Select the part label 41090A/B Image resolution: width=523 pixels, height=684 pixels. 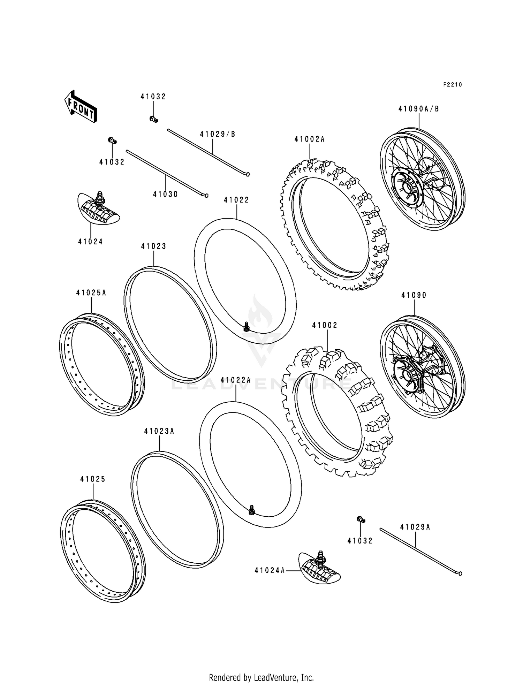point(418,109)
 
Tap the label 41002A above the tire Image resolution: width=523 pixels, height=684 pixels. point(309,139)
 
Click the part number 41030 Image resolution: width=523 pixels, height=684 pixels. point(165,194)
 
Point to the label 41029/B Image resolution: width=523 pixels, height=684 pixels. point(218,134)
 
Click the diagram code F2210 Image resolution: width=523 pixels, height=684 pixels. point(452,85)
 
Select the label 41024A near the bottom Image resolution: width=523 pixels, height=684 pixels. point(270,571)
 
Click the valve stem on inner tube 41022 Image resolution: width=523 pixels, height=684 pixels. point(247,326)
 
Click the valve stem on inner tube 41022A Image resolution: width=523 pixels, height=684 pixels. point(251,510)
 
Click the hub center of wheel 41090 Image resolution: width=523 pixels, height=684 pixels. point(407,375)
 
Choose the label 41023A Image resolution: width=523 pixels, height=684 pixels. point(159,432)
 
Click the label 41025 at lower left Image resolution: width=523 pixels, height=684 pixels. point(92,479)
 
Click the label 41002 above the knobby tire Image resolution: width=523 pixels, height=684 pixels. point(325,325)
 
